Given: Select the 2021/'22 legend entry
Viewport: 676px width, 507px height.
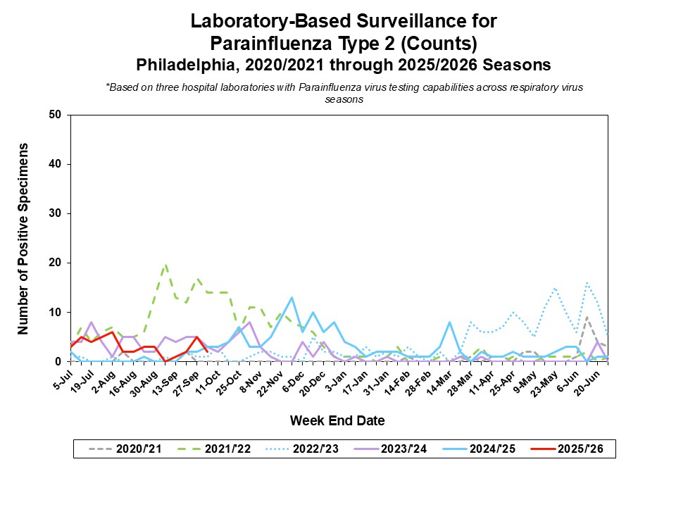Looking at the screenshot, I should click(211, 448).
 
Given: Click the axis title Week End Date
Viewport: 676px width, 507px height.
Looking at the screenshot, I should click(337, 421).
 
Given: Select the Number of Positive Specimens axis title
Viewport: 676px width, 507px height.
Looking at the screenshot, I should click(23, 238).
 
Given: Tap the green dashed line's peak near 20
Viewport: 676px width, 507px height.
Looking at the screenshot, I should click(165, 265).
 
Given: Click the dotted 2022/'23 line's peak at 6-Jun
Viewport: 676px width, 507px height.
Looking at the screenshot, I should click(587, 282).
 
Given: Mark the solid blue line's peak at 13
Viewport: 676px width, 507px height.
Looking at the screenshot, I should click(292, 297).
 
